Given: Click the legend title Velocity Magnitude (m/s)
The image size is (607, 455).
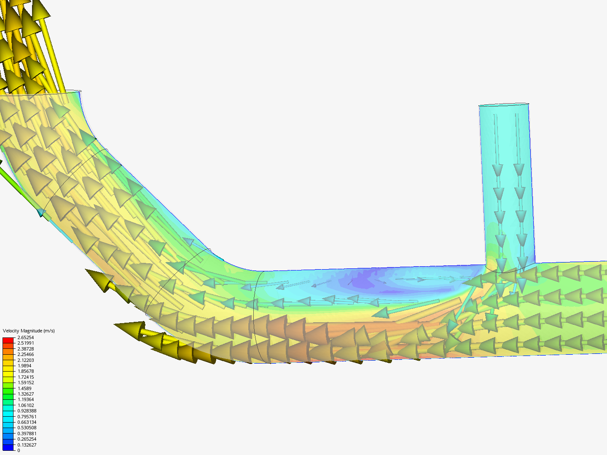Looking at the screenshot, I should [29, 331].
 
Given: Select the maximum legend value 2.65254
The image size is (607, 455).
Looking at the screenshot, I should [25, 337].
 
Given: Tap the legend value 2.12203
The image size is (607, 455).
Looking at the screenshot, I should [25, 360].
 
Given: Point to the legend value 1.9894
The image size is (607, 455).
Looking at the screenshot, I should [24, 366].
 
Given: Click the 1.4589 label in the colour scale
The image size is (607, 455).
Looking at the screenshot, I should [24, 388].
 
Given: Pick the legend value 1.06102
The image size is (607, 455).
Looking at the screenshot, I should [25, 405].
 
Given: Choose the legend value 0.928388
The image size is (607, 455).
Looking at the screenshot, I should [27, 411].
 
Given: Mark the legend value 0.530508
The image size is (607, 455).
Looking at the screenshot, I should [27, 428].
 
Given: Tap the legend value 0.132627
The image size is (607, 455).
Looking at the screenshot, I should [27, 445].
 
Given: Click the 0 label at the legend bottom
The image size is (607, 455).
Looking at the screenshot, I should [19, 450].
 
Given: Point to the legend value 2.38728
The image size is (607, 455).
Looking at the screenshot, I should [25, 349].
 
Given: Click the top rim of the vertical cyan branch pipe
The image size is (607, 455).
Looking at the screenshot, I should [504, 104].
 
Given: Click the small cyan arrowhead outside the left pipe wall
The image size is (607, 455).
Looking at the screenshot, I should [41, 213].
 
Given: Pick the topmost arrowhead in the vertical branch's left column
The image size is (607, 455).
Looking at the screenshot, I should [498, 170].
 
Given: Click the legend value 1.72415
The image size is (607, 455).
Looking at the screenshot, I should [25, 377].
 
